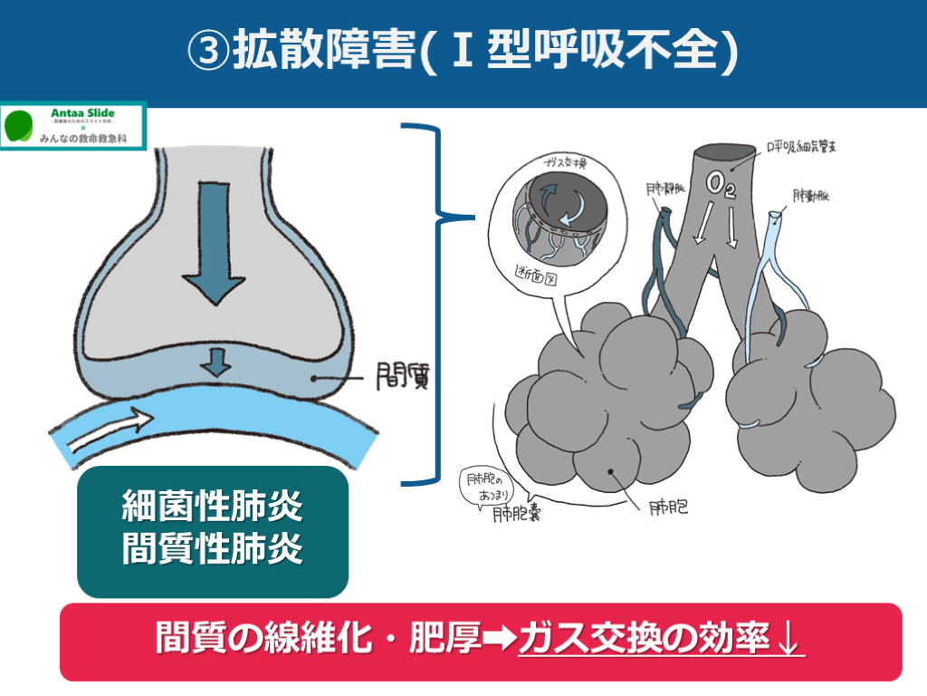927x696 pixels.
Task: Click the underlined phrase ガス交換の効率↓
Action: [x=661, y=639]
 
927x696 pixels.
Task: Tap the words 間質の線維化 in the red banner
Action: [x=262, y=639]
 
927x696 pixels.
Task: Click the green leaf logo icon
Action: [x=21, y=127]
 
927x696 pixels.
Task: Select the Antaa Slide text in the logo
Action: [x=94, y=112]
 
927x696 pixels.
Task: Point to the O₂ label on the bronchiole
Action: [x=722, y=187]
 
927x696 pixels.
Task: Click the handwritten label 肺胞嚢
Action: [x=518, y=517]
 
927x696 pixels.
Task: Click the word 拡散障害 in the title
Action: [x=323, y=52]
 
